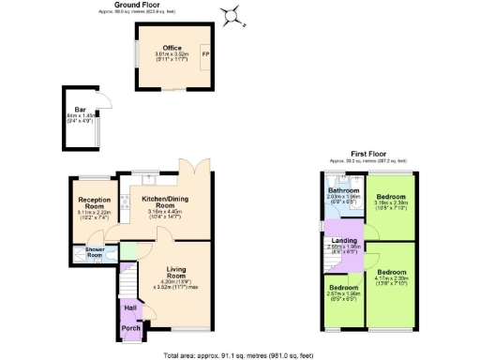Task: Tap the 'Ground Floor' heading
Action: point(137,6)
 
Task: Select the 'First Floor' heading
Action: point(367,155)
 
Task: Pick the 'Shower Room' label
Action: point(94,252)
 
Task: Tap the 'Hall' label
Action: point(130,307)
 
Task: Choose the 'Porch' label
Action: point(130,327)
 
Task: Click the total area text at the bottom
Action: point(239,354)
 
